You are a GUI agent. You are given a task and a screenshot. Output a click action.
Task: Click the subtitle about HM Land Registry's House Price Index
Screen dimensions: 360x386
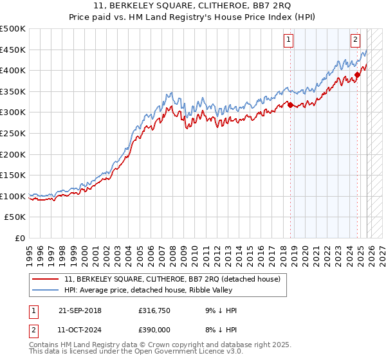[x=192, y=18]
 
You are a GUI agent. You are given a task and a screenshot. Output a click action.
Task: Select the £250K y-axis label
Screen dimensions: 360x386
[x=13, y=133]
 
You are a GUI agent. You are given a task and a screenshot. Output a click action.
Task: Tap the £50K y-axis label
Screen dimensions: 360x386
[x=15, y=217]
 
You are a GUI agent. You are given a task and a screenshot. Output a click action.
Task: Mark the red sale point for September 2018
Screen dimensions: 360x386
[x=290, y=105]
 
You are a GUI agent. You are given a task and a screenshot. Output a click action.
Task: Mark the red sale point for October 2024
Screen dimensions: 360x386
[x=358, y=75]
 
